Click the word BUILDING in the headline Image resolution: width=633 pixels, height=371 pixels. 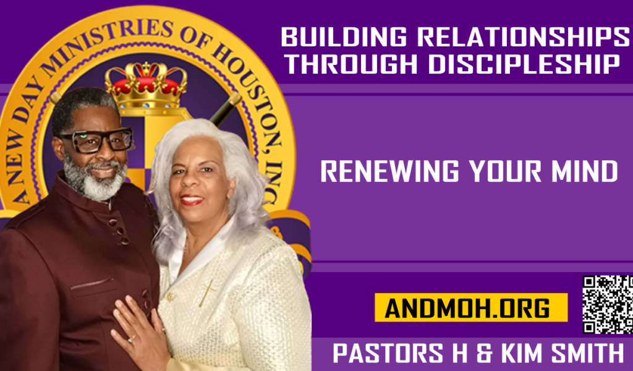click(344, 37)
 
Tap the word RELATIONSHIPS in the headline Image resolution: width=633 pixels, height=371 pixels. click(523, 37)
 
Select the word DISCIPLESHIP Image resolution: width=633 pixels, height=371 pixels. click(524, 64)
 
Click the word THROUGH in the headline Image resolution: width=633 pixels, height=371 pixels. click(352, 64)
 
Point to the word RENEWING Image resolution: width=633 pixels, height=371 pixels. click(389, 171)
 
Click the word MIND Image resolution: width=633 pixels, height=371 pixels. click(585, 171)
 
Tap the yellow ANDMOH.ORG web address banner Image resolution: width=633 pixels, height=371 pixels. click(470, 307)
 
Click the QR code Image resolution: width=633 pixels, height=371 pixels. click(608, 304)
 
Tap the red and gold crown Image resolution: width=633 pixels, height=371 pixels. click(146, 85)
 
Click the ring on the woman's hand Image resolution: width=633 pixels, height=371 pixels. click(131, 339)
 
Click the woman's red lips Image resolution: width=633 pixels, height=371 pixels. click(192, 200)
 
